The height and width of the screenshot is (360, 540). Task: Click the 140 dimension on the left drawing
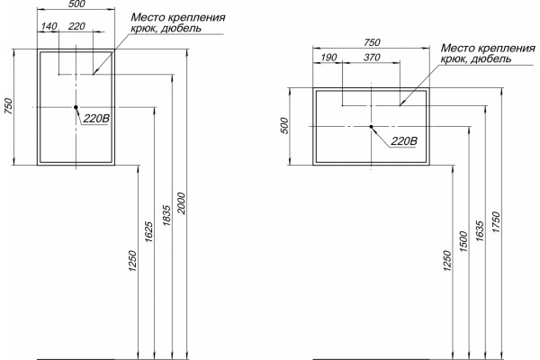tap(49, 26)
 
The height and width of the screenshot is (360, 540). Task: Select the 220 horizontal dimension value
tap(76, 26)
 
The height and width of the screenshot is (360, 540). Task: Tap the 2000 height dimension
tap(182, 203)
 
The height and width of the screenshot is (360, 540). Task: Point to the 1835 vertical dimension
tap(166, 215)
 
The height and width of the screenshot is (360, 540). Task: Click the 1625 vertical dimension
tap(149, 231)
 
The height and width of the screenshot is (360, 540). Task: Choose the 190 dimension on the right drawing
tap(328, 58)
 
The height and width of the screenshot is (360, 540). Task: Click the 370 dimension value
tap(372, 58)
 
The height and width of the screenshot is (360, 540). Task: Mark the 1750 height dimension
tap(496, 222)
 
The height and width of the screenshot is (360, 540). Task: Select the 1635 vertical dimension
tap(480, 230)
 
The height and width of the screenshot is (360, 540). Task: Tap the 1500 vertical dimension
tap(463, 241)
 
